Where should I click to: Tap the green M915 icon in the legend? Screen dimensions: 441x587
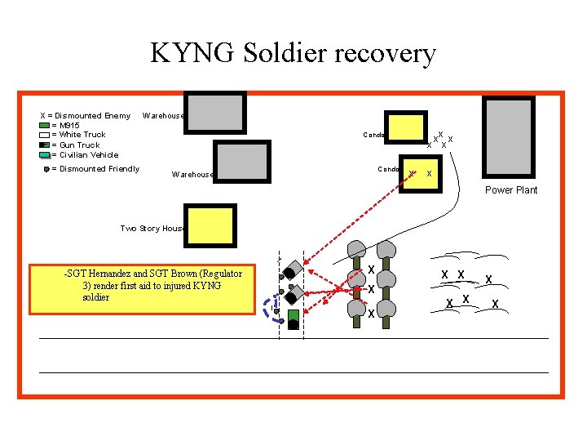pyautogui.click(x=44, y=126)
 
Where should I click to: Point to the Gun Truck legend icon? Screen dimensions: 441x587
pyautogui.click(x=44, y=145)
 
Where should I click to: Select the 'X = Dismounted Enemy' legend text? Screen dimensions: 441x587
pyautogui.click(x=85, y=116)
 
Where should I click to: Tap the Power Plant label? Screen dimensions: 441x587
pyautogui.click(x=511, y=190)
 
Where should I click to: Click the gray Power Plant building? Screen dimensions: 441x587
pyautogui.click(x=509, y=137)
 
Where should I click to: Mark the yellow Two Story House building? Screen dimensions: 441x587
pyautogui.click(x=210, y=226)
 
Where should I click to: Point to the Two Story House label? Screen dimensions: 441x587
pyautogui.click(x=152, y=229)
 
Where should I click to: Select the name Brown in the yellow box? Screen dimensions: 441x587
pyautogui.click(x=187, y=273)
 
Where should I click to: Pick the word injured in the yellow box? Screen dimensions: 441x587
pyautogui.click(x=179, y=285)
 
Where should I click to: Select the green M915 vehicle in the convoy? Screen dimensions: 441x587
pyautogui.click(x=293, y=315)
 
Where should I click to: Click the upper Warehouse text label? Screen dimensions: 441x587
pyautogui.click(x=164, y=116)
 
